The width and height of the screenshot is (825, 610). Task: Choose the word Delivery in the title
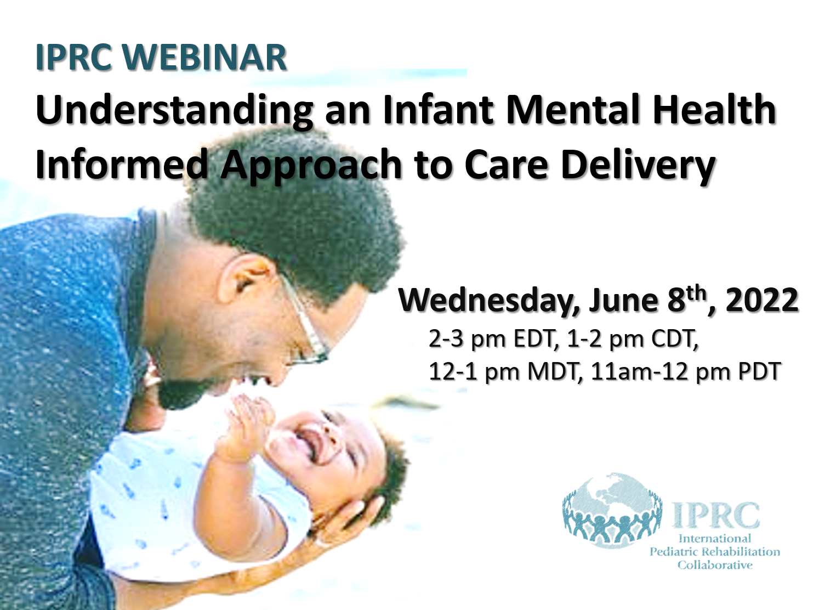(638, 165)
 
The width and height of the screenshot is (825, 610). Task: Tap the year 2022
(761, 300)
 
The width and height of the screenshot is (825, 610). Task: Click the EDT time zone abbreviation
(535, 338)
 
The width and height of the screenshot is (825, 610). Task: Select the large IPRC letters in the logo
(715, 515)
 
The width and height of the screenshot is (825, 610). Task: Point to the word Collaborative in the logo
(715, 565)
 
